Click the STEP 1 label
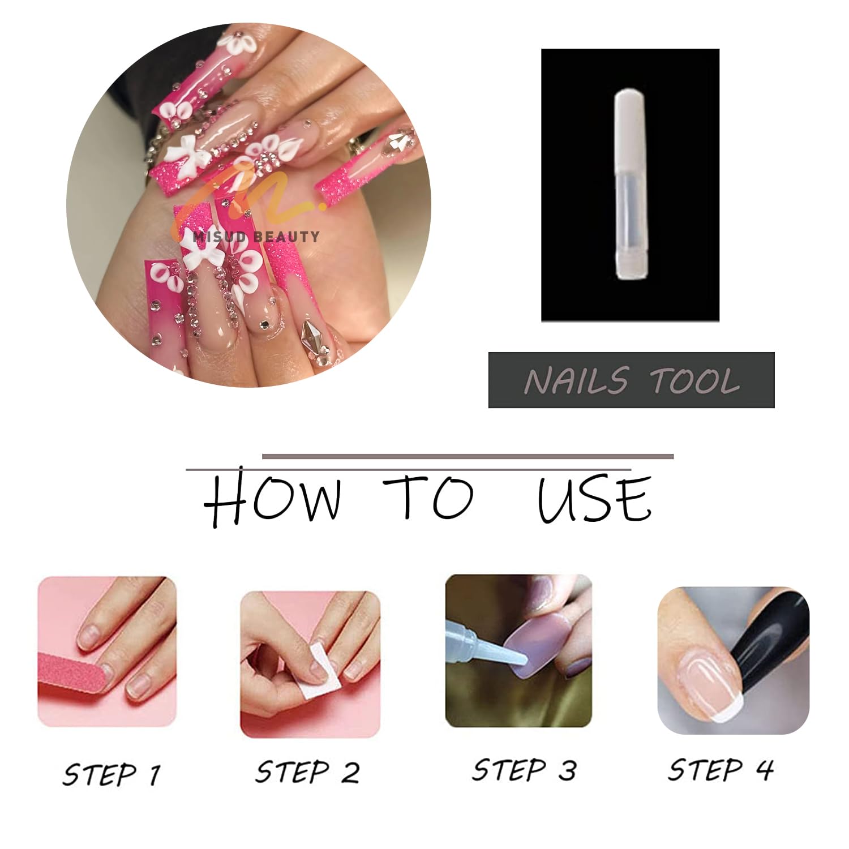[112, 774]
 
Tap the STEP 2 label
[307, 772]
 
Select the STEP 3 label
[524, 770]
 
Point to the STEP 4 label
[721, 770]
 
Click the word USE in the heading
[594, 499]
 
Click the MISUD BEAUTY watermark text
[256, 237]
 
